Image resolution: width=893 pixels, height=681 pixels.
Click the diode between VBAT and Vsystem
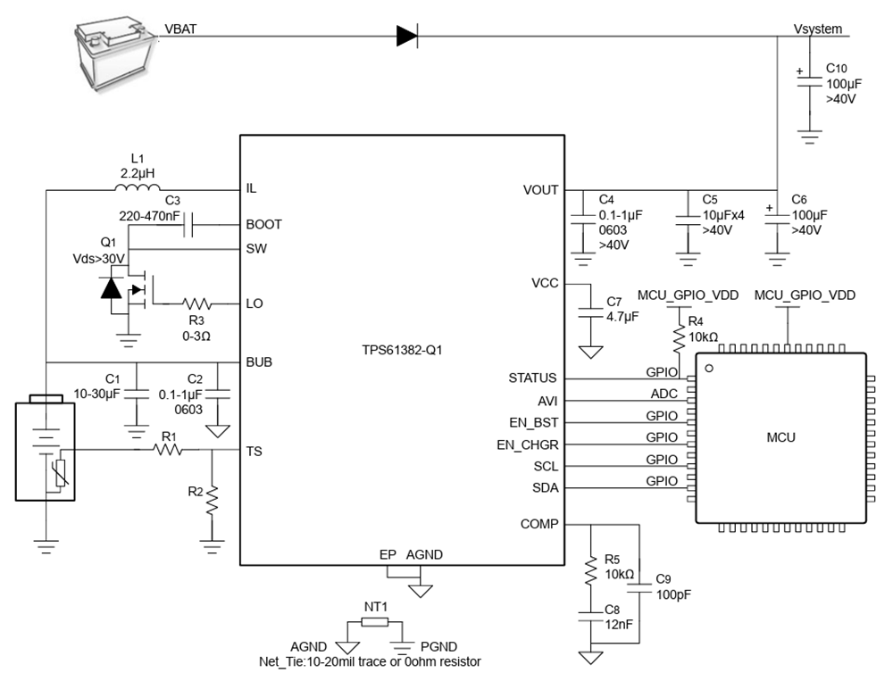click(407, 36)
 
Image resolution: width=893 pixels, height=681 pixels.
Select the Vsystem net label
click(817, 29)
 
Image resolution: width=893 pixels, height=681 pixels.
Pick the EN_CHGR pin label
click(527, 444)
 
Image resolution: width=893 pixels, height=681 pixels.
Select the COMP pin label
click(538, 524)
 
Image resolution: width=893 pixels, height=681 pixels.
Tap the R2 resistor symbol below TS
click(212, 500)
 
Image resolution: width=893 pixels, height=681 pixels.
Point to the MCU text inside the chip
click(780, 437)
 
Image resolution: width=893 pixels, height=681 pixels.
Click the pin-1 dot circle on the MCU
click(710, 368)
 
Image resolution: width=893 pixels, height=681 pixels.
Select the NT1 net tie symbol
click(376, 623)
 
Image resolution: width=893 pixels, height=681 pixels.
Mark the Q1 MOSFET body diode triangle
click(111, 288)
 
